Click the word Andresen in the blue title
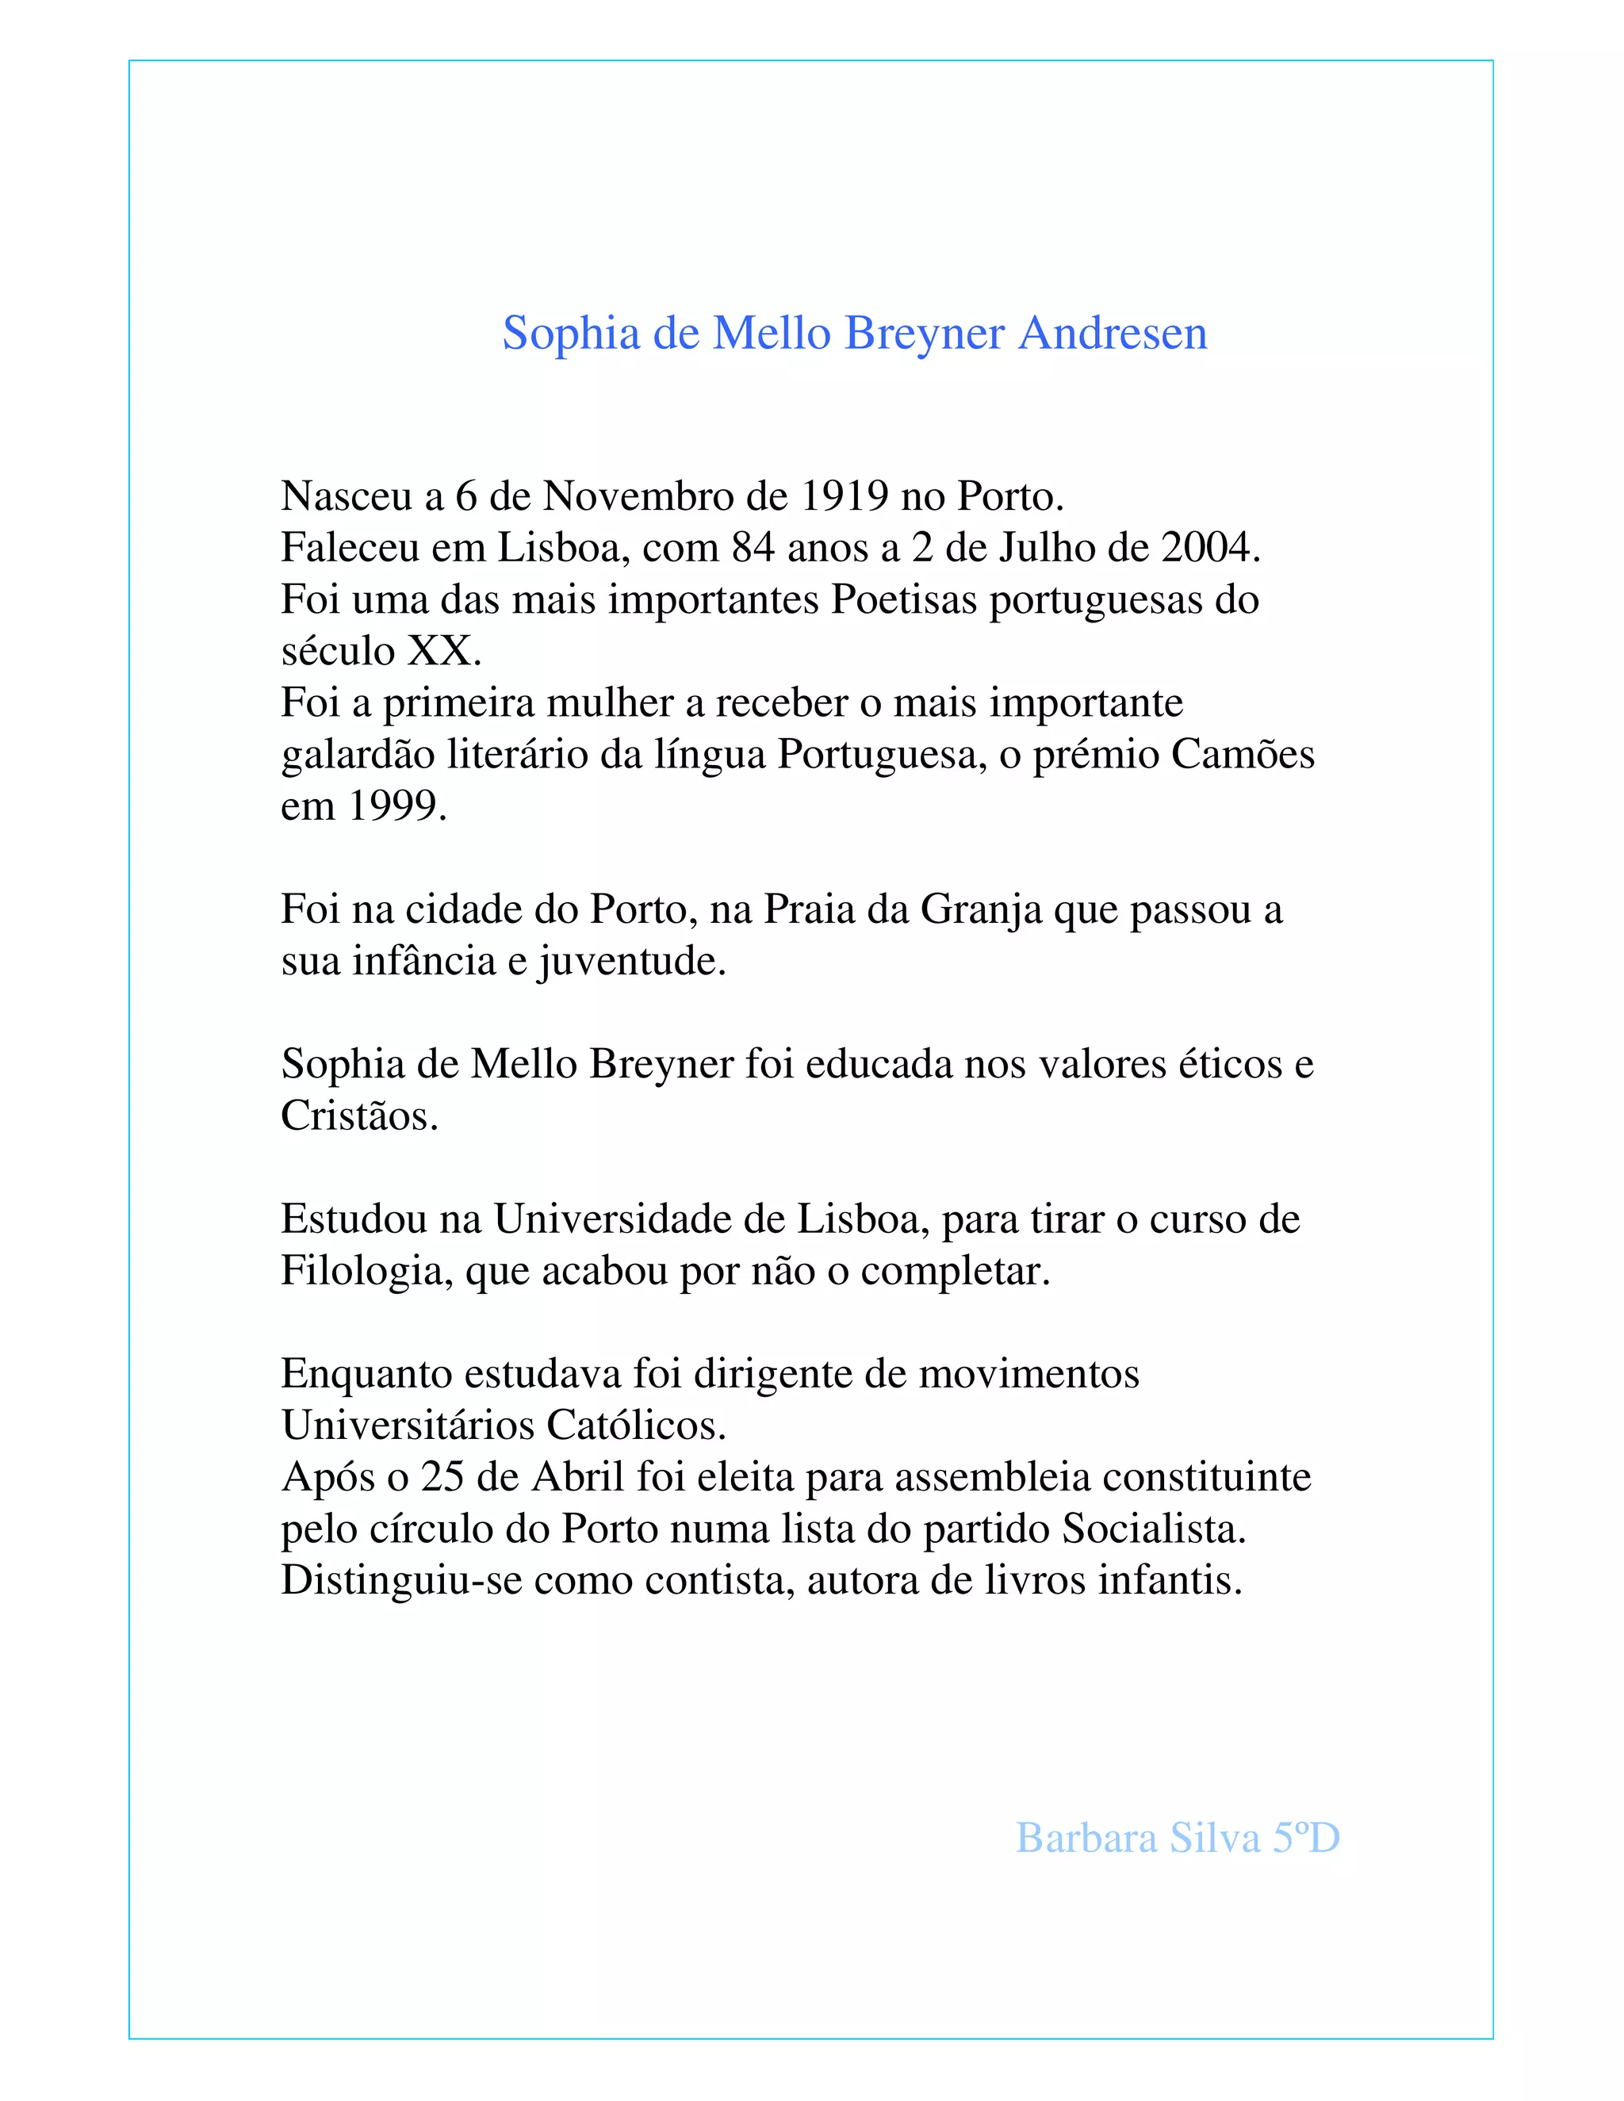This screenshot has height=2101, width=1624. coord(1113,334)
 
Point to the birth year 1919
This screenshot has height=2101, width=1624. coord(844,496)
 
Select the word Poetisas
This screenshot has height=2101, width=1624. coord(903,600)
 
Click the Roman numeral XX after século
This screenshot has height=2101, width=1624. coord(443,651)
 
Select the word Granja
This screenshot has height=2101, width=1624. coord(982,910)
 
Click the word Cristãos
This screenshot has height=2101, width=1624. coord(359,1116)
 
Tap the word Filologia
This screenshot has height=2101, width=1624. coord(366,1272)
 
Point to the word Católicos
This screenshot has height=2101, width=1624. coord(636,1426)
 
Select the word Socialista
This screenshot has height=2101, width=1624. coord(1154,1529)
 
